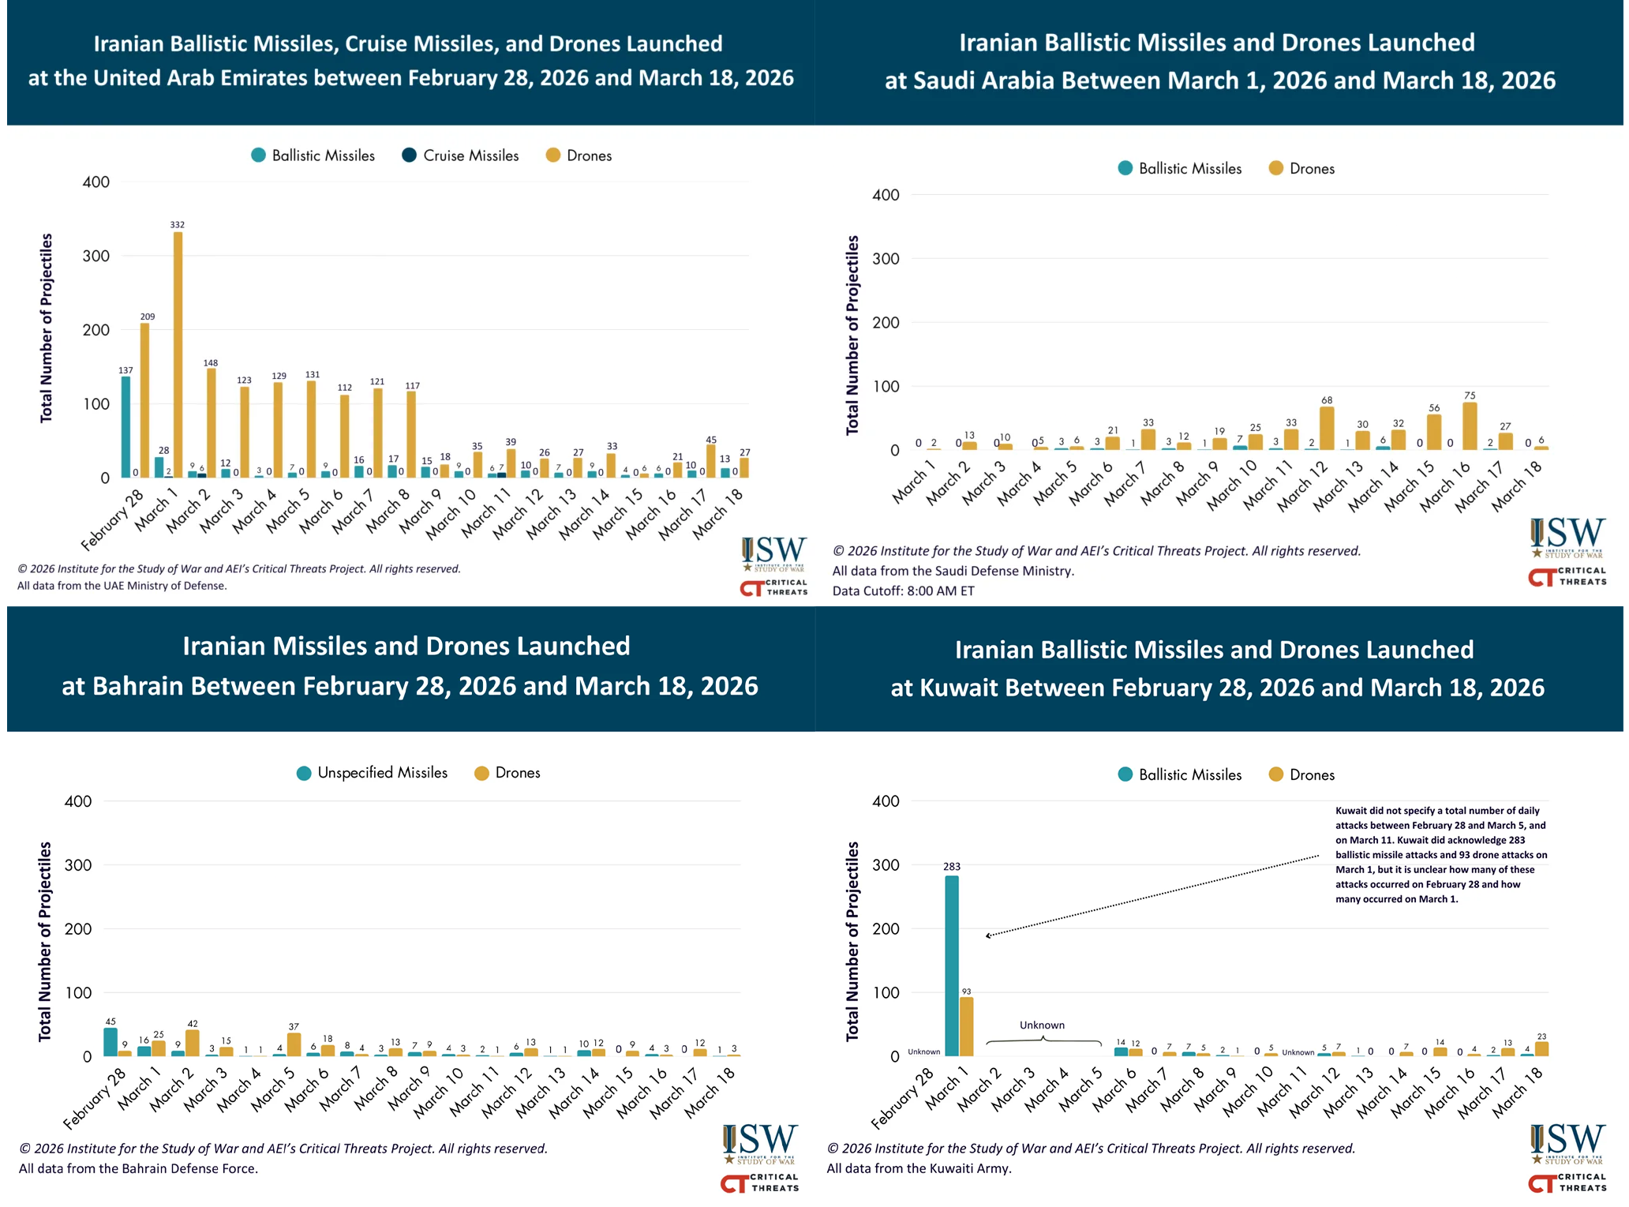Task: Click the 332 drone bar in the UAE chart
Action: (x=178, y=355)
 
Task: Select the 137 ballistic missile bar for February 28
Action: (x=126, y=427)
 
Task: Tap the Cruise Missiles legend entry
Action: (x=461, y=156)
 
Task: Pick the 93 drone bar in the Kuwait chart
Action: (x=966, y=1026)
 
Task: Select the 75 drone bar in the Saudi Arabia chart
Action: (x=1470, y=426)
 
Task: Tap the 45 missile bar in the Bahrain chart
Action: (x=110, y=1042)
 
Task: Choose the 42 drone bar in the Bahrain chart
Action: (x=193, y=1043)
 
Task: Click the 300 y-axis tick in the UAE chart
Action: (x=95, y=256)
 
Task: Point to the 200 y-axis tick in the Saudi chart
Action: (x=886, y=322)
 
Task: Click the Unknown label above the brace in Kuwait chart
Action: (x=1042, y=1025)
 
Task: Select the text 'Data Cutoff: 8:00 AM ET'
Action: (x=903, y=590)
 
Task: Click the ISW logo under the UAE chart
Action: (x=773, y=553)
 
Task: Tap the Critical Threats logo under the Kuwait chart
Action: (x=1567, y=1183)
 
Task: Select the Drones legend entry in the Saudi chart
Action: (x=1301, y=168)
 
